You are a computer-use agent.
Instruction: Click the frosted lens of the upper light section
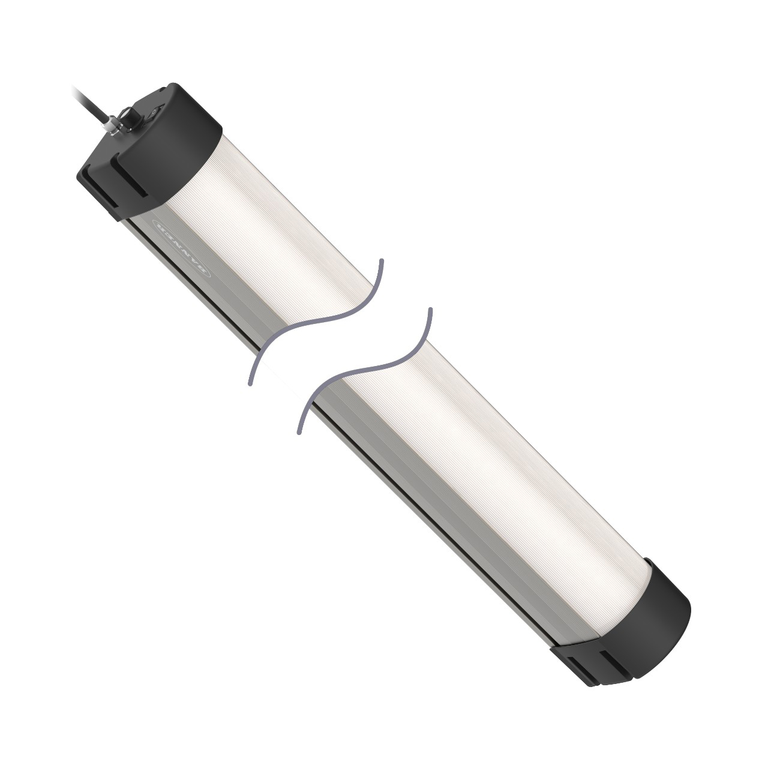point(270,252)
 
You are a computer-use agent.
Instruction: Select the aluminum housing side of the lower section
point(432,516)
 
